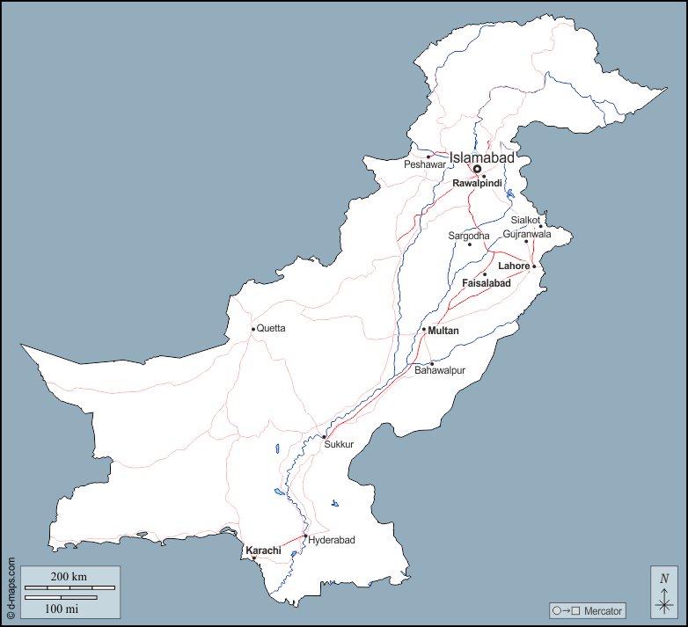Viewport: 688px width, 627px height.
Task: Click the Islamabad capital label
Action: (x=481, y=157)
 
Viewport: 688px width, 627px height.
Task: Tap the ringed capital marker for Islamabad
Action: (x=477, y=169)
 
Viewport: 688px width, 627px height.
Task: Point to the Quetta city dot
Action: (x=253, y=329)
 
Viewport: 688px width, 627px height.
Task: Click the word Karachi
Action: (x=263, y=550)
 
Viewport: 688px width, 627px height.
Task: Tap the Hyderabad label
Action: (x=332, y=540)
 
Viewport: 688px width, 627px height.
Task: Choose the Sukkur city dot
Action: (x=324, y=436)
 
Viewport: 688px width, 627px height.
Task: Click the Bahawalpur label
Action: (x=440, y=371)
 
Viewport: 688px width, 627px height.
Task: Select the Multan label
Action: (x=443, y=330)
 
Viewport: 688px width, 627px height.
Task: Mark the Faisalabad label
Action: (x=487, y=283)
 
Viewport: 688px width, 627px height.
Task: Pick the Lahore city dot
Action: (x=533, y=266)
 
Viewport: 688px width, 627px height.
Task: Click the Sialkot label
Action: (x=525, y=220)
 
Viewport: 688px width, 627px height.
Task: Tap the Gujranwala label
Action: (x=527, y=234)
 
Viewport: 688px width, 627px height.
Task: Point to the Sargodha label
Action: (x=469, y=236)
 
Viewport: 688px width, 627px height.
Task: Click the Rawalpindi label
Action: (x=477, y=183)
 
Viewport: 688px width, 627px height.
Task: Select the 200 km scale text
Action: (x=69, y=576)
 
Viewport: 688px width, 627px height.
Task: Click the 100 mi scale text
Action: (x=62, y=608)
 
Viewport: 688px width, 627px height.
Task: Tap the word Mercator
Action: (x=603, y=610)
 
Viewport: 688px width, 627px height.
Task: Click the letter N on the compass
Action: (x=664, y=578)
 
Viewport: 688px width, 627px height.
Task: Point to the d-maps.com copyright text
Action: (x=11, y=587)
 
